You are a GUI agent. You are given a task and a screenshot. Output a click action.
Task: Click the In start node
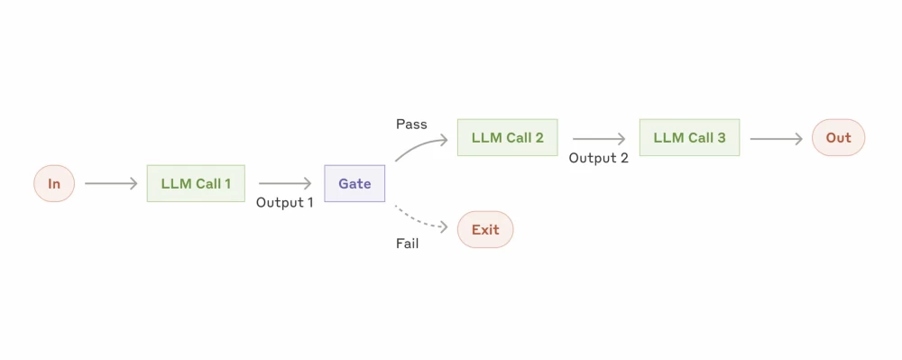(54, 184)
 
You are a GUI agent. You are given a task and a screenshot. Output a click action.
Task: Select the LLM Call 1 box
(196, 184)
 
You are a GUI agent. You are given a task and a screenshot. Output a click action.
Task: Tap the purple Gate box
(354, 184)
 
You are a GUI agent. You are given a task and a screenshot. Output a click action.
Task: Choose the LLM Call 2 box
(507, 138)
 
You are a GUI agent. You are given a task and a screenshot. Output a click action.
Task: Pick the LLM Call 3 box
(689, 138)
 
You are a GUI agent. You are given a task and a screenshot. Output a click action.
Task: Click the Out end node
(838, 138)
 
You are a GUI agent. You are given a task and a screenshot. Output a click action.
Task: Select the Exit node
(485, 230)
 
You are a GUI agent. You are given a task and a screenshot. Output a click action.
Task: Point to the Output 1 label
(285, 203)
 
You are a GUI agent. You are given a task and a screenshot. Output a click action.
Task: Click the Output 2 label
(598, 158)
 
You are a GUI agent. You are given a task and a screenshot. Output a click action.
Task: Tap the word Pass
(411, 124)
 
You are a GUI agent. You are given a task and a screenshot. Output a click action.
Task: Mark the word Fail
(408, 244)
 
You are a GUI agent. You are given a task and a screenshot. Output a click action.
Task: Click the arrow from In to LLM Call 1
(110, 184)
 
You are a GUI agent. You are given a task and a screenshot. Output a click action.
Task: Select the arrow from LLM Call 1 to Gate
(284, 184)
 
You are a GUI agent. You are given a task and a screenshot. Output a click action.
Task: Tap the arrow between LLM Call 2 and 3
(598, 139)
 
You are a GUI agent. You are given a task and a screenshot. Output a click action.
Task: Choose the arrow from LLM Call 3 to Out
(776, 139)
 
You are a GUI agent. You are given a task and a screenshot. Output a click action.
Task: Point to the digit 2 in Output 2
(624, 158)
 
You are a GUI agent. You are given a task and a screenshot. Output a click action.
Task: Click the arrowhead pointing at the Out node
(798, 139)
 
